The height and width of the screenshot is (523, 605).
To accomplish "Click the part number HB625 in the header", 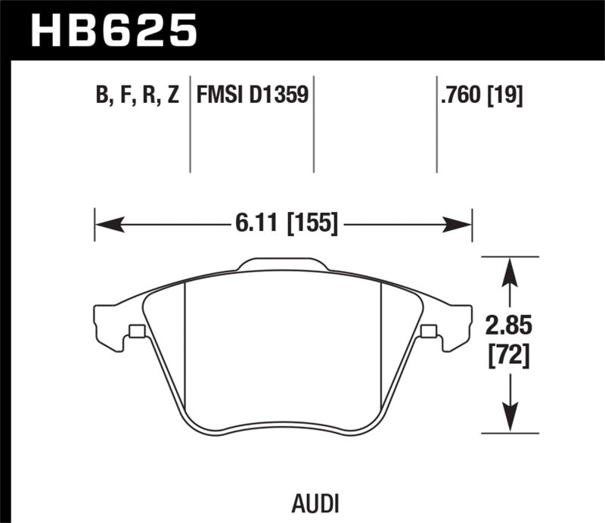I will (x=113, y=32).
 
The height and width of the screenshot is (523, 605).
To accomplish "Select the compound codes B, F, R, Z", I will (x=135, y=96).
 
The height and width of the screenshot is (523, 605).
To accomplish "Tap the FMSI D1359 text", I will (x=253, y=96).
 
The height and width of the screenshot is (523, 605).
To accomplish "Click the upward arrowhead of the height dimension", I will (x=511, y=269).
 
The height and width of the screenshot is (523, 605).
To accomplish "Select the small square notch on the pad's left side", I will (x=137, y=331).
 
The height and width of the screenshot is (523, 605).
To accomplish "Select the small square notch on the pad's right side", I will (x=428, y=331).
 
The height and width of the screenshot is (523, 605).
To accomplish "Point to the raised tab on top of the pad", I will (x=283, y=265).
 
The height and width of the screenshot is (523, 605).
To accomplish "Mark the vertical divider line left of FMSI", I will (x=189, y=125).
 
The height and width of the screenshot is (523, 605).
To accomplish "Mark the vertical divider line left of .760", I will (x=436, y=125).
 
